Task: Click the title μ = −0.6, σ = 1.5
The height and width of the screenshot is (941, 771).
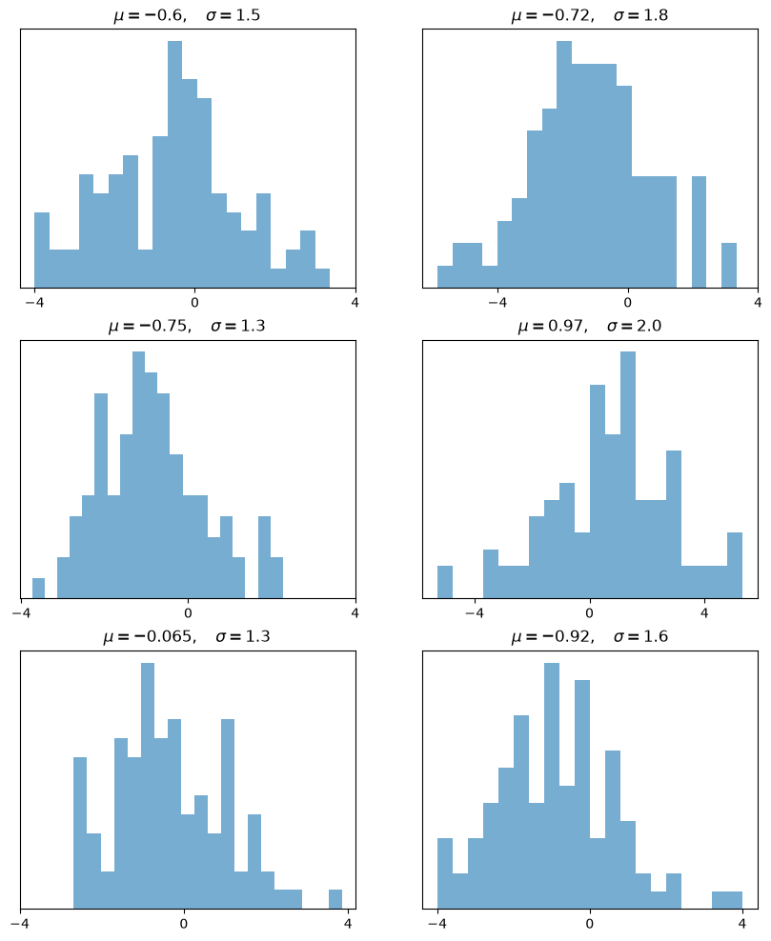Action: point(188,15)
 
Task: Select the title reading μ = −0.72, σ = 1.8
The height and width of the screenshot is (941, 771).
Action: point(590,15)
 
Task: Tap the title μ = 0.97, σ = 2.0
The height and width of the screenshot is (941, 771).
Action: point(590,326)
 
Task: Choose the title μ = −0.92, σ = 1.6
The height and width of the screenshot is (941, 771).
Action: point(590,636)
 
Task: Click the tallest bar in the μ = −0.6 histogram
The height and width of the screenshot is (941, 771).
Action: point(174,164)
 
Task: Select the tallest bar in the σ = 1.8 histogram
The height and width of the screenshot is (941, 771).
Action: point(564,164)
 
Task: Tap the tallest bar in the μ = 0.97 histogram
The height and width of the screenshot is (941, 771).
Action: point(627,474)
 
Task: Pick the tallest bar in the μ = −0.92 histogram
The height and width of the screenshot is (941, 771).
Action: point(552,786)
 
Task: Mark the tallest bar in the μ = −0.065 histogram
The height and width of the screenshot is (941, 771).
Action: point(148,786)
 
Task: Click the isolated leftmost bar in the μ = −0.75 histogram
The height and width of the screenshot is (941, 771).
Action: point(38,589)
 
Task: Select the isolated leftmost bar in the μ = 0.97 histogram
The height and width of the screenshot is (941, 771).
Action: point(445,582)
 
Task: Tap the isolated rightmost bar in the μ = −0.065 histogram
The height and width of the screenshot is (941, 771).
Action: point(335,899)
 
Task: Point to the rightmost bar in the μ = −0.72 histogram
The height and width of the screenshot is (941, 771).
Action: point(729,266)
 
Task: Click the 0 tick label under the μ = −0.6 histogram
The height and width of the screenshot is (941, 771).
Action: point(194,301)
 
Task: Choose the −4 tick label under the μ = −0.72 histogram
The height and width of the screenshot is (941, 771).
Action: point(497,301)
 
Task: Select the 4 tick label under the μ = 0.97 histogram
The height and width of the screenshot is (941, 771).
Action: point(704,612)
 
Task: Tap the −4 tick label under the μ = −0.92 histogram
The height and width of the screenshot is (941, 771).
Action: point(437,923)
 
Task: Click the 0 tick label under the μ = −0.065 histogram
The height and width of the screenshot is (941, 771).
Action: point(184,923)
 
